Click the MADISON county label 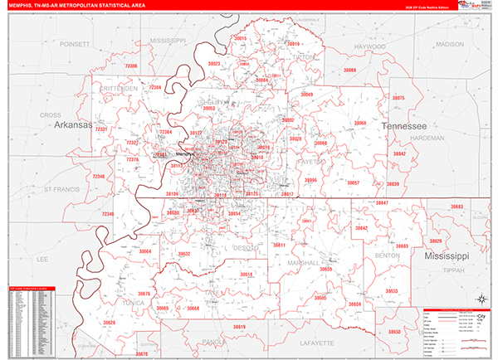pos(450,44)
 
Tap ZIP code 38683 pos(458,207)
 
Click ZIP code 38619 pos(238,328)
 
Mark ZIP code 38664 pos(146,251)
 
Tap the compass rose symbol pos(481,299)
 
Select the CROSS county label pos(51,115)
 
